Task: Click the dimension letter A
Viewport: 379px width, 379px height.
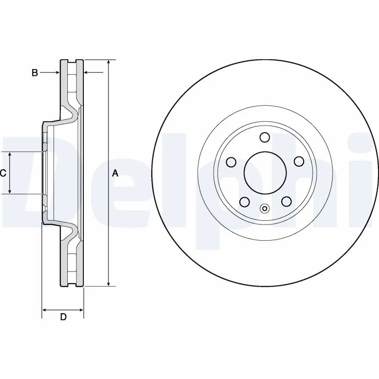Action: point(115,173)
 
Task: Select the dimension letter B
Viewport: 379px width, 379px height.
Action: point(35,72)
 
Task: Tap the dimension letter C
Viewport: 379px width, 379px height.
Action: point(3,173)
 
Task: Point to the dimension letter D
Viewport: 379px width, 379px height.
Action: point(63,317)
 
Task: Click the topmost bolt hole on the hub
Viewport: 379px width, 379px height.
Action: point(265,138)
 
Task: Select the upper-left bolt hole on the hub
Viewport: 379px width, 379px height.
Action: point(231,162)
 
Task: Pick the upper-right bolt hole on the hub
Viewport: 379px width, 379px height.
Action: point(298,162)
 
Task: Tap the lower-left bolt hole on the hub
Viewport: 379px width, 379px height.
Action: point(244,202)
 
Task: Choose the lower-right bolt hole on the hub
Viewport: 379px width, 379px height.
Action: point(286,202)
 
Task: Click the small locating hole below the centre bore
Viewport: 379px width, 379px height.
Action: point(265,208)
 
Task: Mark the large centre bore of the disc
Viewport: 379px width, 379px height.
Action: point(265,173)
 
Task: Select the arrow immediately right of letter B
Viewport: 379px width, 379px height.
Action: point(55,72)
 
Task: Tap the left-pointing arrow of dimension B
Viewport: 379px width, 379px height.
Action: point(87,72)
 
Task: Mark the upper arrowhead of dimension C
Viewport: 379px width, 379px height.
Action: point(10,154)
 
